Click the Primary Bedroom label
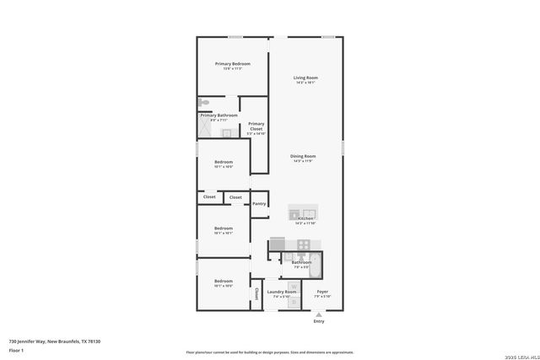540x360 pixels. point(232,64)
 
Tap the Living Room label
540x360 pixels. point(305,78)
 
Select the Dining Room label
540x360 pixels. point(303,156)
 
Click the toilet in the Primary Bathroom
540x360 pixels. point(203,103)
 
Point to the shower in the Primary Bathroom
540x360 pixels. point(205,130)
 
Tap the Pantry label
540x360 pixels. point(260,203)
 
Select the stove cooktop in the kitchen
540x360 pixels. point(303,244)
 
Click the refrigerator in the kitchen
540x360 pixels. point(278,244)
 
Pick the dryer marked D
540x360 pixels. point(292,302)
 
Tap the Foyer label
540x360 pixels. point(321,292)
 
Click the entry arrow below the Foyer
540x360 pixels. point(318,314)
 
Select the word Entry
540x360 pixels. point(318,321)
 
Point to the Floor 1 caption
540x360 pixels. point(17,349)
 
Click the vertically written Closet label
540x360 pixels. point(256,294)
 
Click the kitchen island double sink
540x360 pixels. point(302,212)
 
